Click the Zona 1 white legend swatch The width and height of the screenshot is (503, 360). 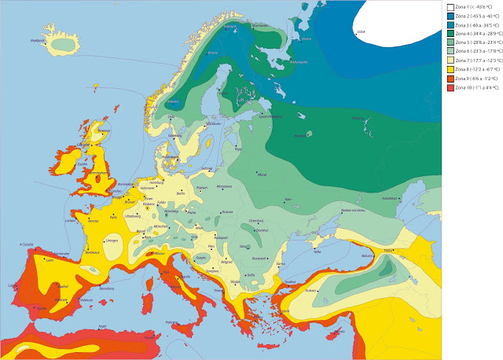point(448,7)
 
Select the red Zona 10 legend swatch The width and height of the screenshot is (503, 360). point(448,88)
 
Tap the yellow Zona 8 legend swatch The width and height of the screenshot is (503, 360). point(448,70)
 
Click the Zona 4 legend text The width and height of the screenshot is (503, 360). point(475,34)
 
